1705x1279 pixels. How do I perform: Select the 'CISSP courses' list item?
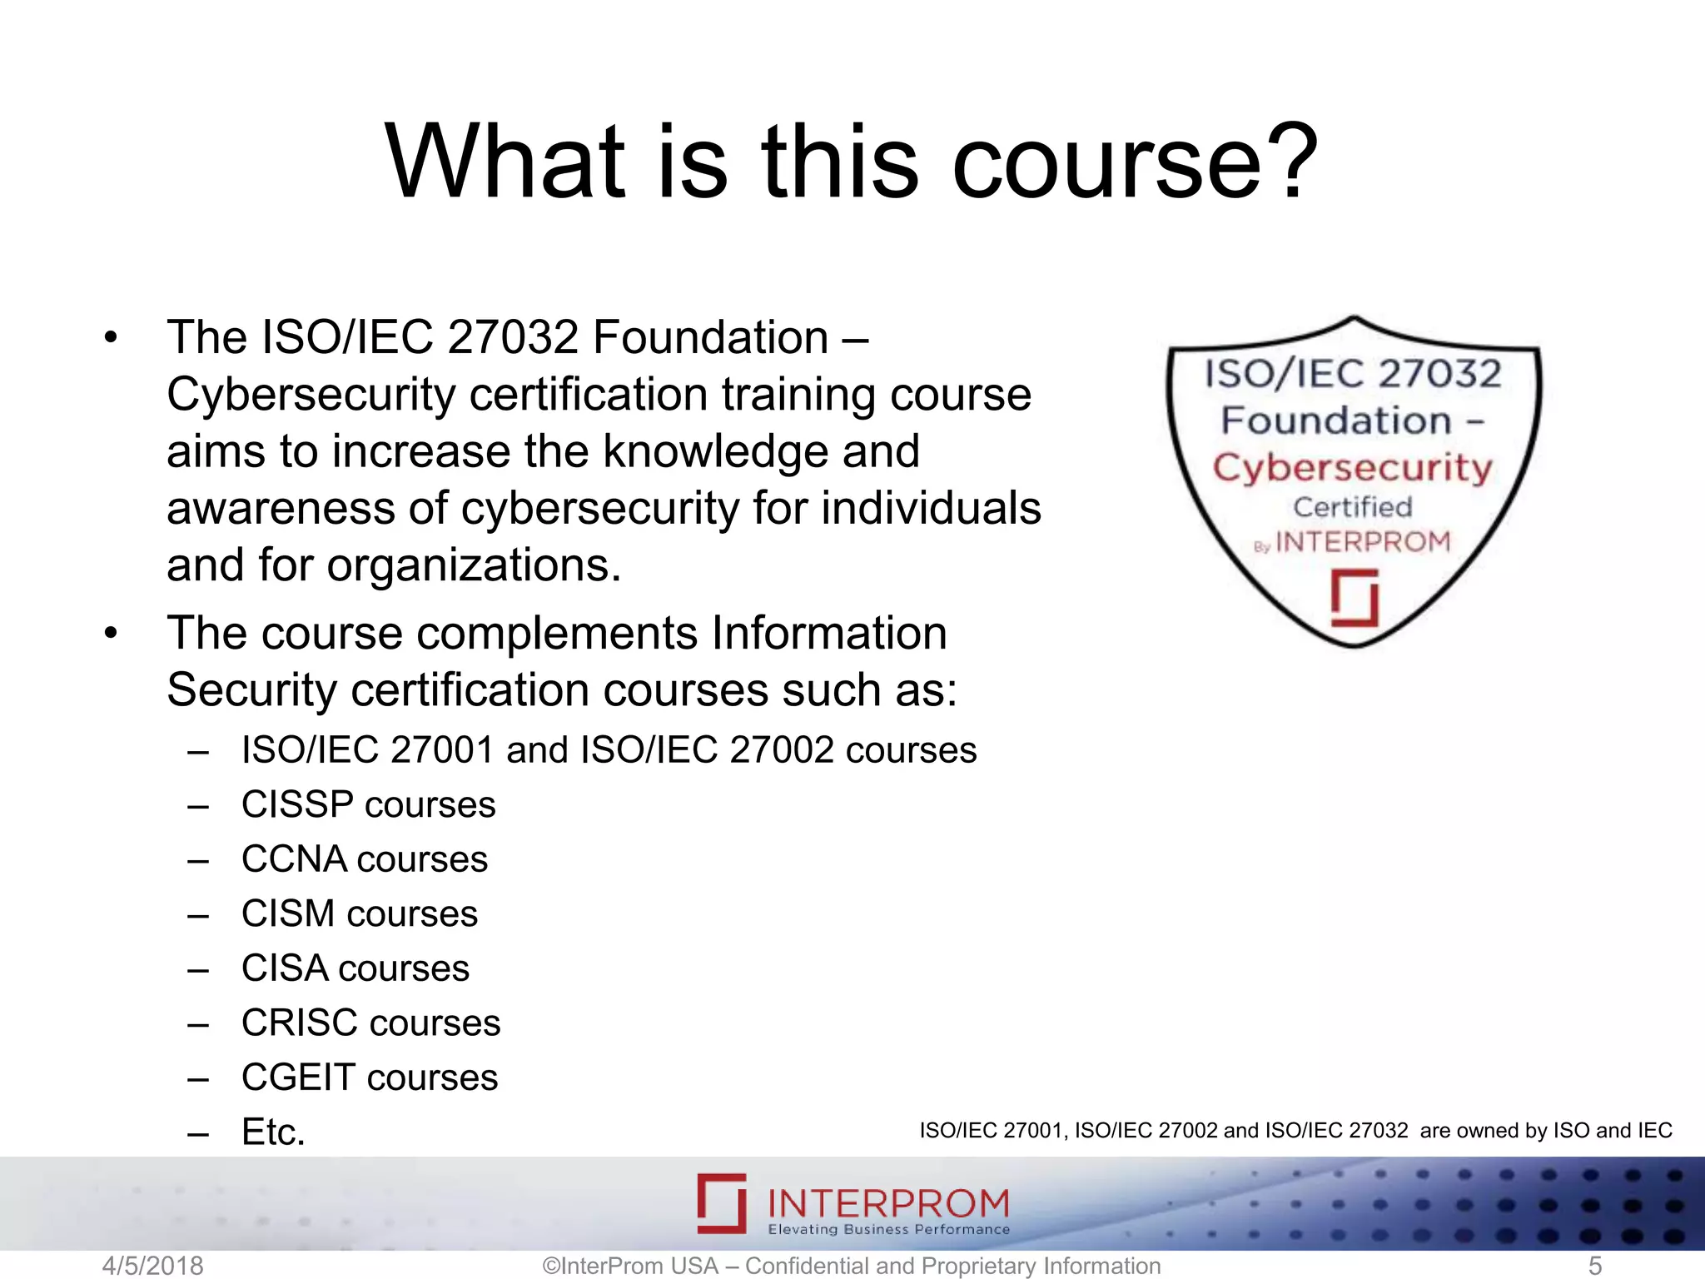point(368,805)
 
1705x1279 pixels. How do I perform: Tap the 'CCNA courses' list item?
point(364,859)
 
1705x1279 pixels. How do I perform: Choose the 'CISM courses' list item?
point(359,914)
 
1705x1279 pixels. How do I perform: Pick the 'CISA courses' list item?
point(355,968)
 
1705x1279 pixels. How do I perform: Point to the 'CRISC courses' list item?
point(370,1023)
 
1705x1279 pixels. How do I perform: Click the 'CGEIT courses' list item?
point(369,1077)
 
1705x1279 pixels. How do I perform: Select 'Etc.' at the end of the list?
point(273,1132)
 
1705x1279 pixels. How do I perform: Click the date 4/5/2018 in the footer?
point(152,1266)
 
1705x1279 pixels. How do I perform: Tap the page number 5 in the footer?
point(1595,1266)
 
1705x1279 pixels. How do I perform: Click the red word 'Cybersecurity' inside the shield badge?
point(1352,468)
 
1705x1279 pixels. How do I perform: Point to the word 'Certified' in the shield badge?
point(1352,507)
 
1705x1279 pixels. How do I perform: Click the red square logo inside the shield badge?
point(1354,598)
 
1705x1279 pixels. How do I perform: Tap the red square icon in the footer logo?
point(722,1203)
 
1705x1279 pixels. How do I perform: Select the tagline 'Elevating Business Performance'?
point(888,1230)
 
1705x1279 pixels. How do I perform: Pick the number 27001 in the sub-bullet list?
point(442,750)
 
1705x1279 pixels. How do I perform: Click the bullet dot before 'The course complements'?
point(112,634)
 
